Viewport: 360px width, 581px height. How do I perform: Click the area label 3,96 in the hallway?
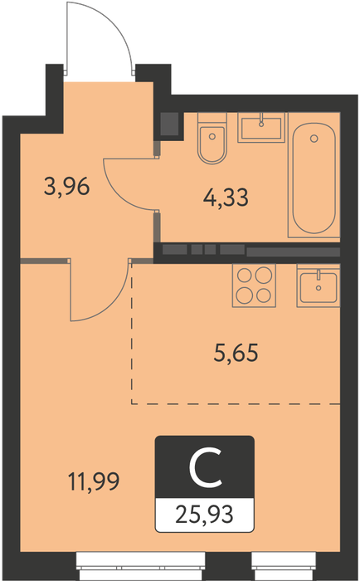[66, 187]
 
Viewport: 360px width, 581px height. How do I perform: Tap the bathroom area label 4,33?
[226, 198]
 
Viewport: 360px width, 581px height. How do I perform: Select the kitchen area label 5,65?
[236, 353]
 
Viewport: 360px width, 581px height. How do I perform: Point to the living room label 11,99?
[94, 481]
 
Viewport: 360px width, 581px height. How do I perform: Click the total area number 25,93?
[204, 515]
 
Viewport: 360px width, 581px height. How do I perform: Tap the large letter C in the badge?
[205, 466]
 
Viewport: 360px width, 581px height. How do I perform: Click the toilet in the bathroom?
[212, 139]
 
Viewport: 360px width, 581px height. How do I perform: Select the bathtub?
[314, 175]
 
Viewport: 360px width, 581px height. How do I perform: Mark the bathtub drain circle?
[314, 139]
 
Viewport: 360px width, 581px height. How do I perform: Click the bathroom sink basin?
[261, 128]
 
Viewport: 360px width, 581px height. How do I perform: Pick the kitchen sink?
[319, 286]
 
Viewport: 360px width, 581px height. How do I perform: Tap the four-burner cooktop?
[254, 286]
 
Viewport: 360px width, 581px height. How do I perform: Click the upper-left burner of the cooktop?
[245, 276]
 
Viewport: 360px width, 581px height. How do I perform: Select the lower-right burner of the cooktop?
[264, 295]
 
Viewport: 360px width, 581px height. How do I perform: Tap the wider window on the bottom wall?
[141, 565]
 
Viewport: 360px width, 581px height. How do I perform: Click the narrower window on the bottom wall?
[284, 565]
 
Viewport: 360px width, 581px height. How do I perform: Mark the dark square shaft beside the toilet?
[169, 124]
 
